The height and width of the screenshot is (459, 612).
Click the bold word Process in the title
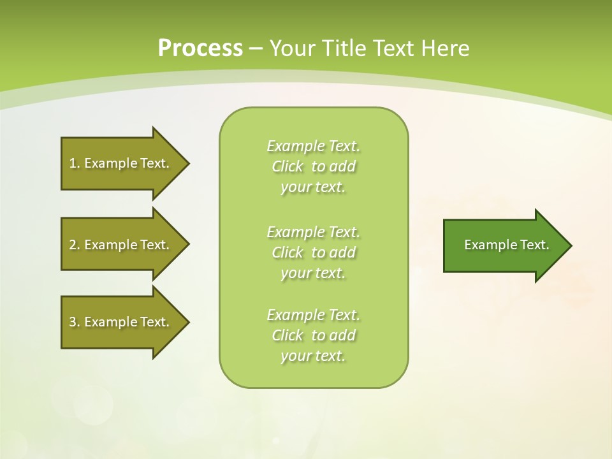pos(200,48)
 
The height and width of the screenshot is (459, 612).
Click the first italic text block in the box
pos(313,166)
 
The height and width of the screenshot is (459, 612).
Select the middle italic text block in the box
pos(313,252)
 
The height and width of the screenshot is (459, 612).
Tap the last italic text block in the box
pos(313,335)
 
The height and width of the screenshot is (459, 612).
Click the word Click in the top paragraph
pos(288,167)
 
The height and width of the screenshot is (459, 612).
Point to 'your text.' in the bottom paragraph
pos(313,356)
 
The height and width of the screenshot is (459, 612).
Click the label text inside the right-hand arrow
pos(506,245)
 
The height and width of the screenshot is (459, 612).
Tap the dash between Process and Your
pos(256,49)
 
